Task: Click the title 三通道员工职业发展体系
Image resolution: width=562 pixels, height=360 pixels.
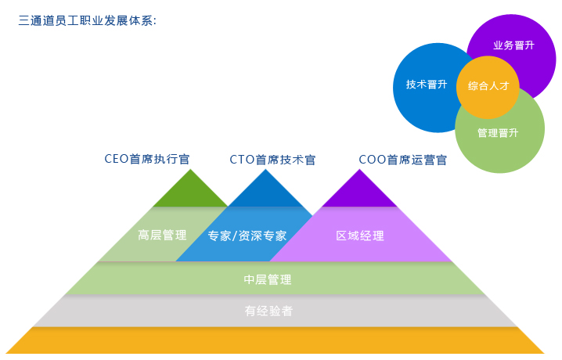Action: [x=87, y=20]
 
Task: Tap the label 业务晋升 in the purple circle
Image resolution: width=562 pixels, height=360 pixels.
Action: [x=513, y=45]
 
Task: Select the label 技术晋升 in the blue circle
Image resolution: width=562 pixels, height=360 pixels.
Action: [x=427, y=85]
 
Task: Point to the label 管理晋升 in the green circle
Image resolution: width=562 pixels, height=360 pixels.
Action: [x=498, y=133]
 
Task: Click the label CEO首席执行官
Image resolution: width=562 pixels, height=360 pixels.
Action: [x=147, y=159]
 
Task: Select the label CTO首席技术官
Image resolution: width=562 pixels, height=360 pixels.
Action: [x=272, y=160]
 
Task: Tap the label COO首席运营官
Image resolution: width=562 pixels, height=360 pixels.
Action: [x=403, y=160]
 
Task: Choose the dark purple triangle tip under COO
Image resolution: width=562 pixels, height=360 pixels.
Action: [x=362, y=193]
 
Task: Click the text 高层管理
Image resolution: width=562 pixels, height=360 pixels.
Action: [x=161, y=235]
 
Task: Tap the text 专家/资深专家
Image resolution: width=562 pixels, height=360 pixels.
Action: [x=247, y=235]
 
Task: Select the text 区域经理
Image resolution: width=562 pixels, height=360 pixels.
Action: [x=360, y=235]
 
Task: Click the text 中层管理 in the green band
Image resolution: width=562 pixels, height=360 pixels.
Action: [x=268, y=279]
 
